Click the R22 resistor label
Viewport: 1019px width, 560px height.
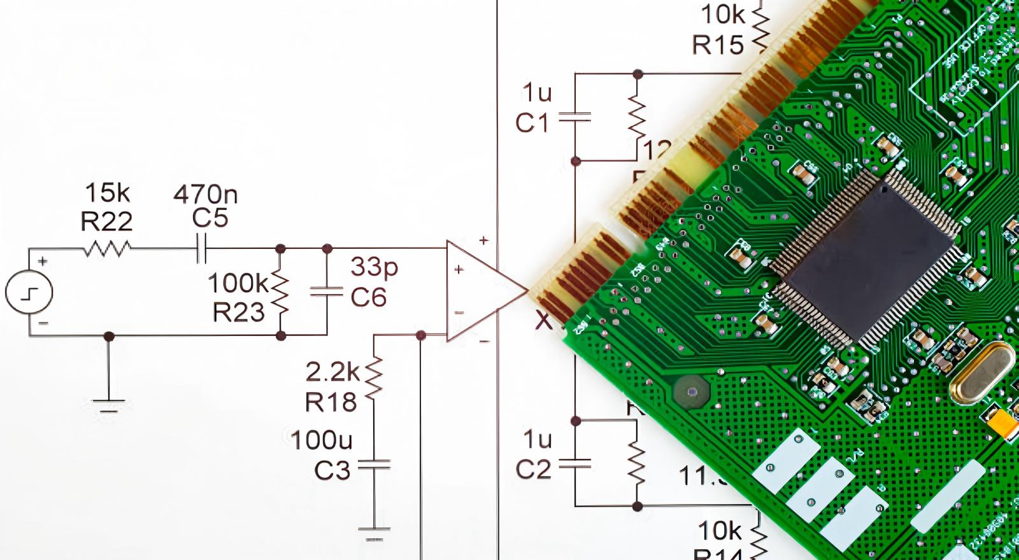point(106,221)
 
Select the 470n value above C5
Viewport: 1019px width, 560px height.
point(206,194)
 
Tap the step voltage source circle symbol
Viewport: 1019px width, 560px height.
point(29,292)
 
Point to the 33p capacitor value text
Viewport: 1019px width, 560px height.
point(374,266)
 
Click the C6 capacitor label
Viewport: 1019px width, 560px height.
point(369,297)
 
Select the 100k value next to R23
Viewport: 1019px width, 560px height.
point(238,283)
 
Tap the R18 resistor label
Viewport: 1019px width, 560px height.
point(331,402)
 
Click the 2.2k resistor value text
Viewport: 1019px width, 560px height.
point(332,372)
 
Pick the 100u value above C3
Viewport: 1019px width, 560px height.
point(321,440)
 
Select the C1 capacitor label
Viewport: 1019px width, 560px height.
point(532,122)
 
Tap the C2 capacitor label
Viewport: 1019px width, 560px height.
point(532,470)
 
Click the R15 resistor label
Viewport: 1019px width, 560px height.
point(718,45)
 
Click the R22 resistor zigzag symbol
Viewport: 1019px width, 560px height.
point(107,248)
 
